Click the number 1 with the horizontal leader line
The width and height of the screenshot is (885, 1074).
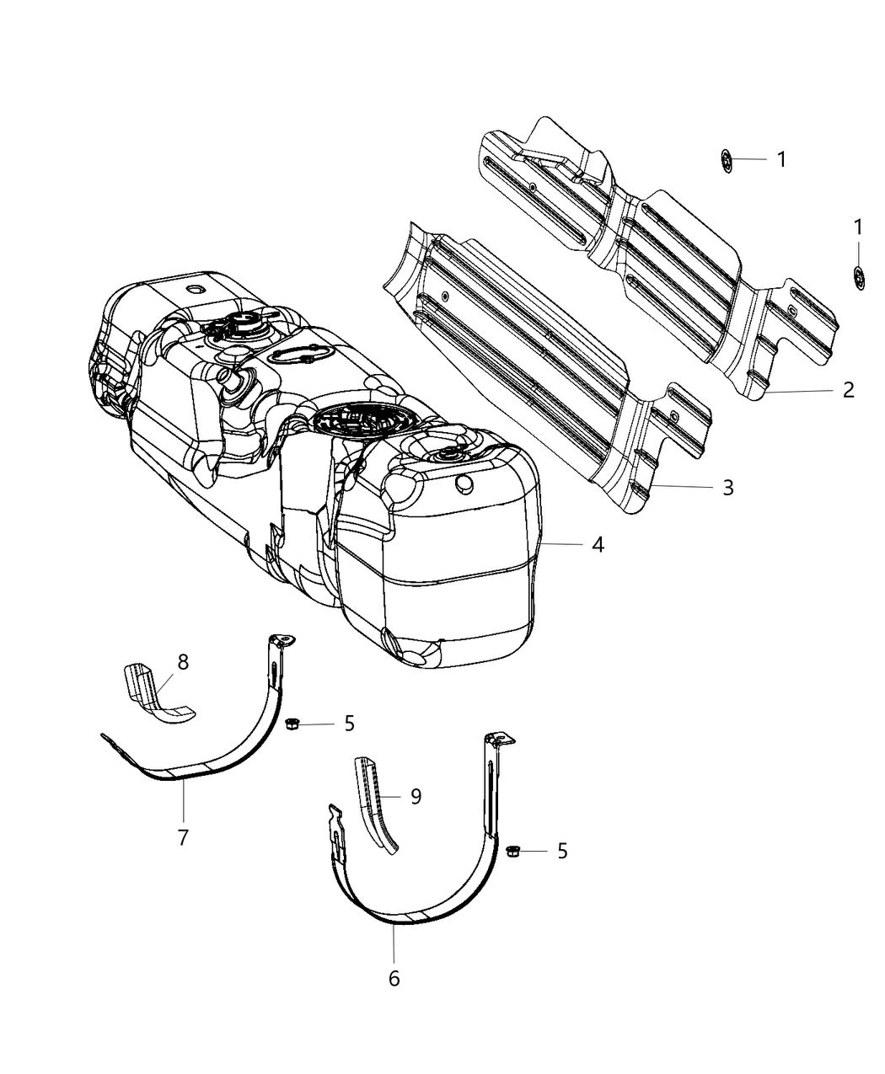click(781, 159)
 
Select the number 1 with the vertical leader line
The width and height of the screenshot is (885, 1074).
click(858, 227)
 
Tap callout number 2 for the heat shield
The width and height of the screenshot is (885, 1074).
click(848, 389)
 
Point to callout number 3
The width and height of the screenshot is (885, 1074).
click(727, 487)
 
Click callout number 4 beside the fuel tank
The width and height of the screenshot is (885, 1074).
click(598, 545)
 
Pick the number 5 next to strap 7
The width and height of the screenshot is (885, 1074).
click(349, 723)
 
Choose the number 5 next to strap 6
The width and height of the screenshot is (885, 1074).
click(561, 852)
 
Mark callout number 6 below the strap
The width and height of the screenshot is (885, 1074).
click(394, 978)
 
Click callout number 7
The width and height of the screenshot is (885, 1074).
click(183, 837)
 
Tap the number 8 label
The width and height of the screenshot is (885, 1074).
click(183, 662)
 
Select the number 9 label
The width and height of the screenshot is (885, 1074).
click(416, 796)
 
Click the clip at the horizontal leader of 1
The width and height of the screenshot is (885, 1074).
click(727, 159)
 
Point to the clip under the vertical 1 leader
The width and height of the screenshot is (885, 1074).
click(858, 275)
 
